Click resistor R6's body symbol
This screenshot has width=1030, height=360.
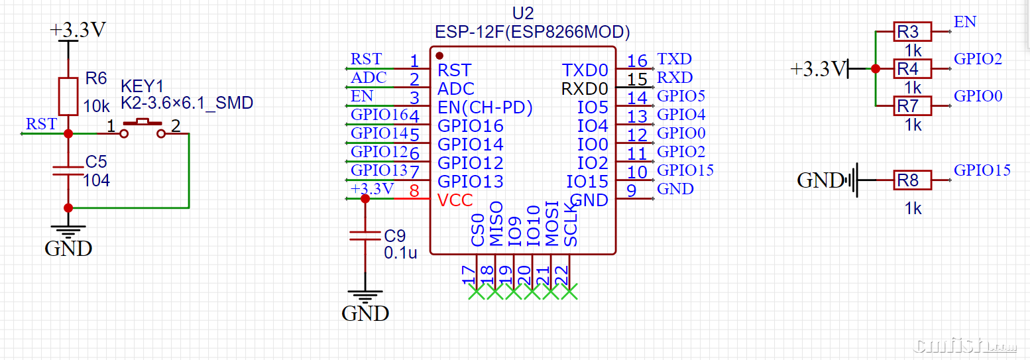pos(68,96)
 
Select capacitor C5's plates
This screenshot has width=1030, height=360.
pos(68,170)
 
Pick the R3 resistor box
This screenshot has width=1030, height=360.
pos(913,31)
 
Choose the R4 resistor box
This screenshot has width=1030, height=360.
pos(913,68)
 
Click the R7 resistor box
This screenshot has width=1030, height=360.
pos(913,105)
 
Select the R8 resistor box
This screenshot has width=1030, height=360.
pos(913,180)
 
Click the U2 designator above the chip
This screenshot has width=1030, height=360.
pos(523,13)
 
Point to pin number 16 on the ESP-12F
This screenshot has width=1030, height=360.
pos(637,61)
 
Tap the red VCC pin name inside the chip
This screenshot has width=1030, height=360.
pos(455,200)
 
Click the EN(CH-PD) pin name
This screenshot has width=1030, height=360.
pos(485,107)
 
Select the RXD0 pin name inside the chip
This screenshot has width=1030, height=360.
pos(585,88)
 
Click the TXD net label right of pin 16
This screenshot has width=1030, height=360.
pos(674,60)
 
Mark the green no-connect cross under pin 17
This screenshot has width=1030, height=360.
pos(476,292)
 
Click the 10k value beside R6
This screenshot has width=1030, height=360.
pos(97,106)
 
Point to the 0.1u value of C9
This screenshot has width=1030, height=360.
pos(400,253)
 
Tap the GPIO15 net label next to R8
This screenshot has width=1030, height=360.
pos(982,170)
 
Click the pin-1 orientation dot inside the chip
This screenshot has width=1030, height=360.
pos(439,56)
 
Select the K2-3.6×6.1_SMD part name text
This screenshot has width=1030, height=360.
pos(187,103)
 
